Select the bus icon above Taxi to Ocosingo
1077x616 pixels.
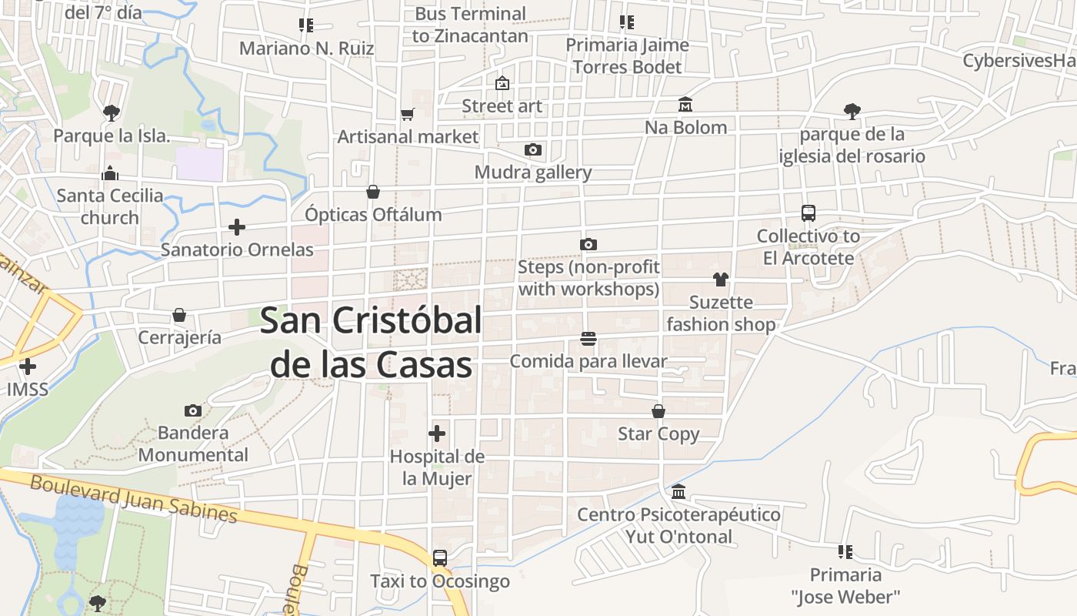440,558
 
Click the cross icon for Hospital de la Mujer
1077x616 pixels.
437,434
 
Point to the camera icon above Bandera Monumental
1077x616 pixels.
193,410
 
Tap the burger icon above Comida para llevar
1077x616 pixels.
589,339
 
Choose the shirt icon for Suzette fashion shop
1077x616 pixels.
721,280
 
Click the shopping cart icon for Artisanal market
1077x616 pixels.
408,115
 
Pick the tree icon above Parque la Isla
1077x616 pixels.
112,113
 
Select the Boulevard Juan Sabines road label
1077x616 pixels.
133,499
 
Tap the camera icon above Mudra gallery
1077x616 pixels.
533,149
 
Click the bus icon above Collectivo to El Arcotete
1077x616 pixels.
809,213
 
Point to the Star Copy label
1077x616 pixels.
659,434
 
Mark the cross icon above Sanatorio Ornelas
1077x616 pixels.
237,227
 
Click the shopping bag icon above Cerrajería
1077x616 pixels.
179,315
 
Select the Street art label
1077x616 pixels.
502,105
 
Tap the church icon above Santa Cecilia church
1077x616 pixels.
110,173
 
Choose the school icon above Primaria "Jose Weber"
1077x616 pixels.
845,551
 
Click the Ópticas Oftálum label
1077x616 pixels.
373,214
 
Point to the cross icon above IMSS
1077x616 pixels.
28,367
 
